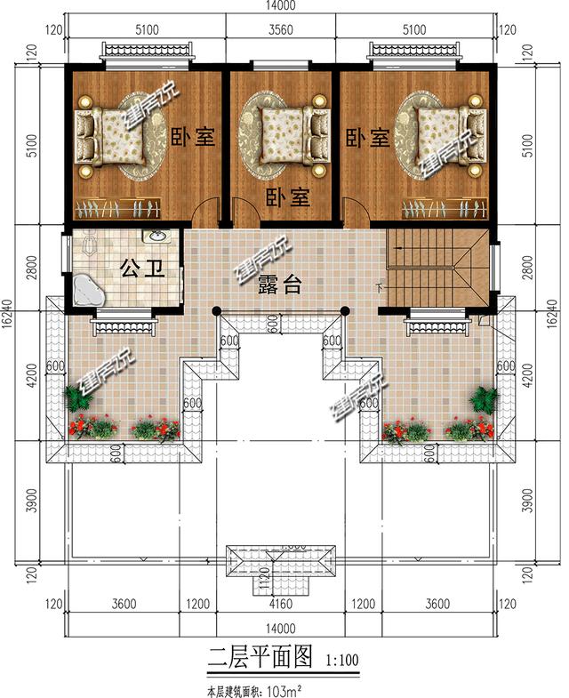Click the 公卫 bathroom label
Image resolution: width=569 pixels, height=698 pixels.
point(141,269)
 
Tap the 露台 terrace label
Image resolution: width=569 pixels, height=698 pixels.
point(279,285)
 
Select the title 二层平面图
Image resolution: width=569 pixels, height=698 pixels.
point(260,658)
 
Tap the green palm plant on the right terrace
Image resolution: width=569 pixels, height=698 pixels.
point(485,398)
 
